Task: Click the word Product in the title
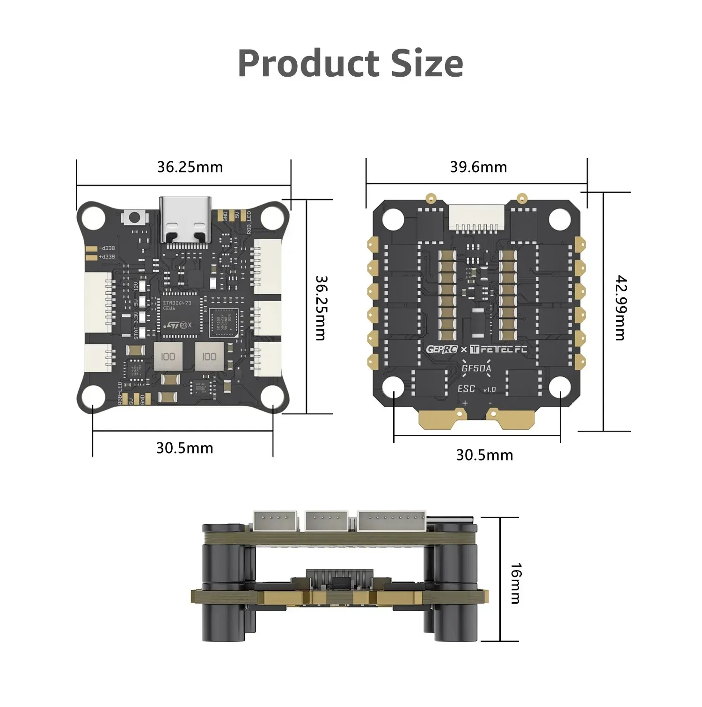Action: click(308, 64)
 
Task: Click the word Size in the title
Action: click(427, 64)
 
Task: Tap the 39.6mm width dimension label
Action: click(478, 167)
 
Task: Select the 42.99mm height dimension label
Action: click(620, 308)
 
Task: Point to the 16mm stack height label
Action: click(515, 583)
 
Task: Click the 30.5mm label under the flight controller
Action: click(184, 448)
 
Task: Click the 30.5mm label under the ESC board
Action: click(484, 455)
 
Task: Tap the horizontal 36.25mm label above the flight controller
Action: click(190, 167)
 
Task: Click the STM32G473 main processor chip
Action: click(180, 314)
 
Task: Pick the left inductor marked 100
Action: click(168, 357)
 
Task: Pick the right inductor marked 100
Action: click(209, 357)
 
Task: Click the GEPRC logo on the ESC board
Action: click(441, 349)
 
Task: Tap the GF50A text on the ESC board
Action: click(476, 368)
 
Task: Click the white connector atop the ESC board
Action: click(477, 218)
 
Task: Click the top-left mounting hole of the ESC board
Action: click(393, 219)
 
